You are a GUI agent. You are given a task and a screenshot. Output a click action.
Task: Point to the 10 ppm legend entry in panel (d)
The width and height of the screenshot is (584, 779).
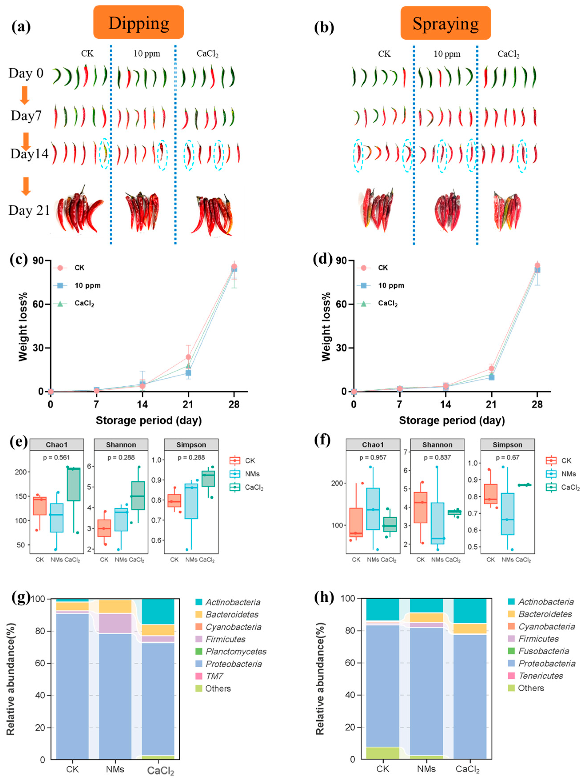pos(391,286)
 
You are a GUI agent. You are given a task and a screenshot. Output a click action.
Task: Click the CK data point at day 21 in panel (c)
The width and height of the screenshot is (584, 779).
pos(188,357)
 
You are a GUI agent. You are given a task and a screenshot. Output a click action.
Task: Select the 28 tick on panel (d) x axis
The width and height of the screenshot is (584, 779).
pos(537,404)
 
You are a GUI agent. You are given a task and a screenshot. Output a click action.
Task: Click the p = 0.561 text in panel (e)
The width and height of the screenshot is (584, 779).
pos(56,457)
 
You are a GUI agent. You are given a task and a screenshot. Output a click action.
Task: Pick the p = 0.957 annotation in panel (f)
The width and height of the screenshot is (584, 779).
pos(373,457)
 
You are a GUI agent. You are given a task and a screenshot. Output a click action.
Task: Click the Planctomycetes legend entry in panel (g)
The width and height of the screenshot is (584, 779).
pos(236,651)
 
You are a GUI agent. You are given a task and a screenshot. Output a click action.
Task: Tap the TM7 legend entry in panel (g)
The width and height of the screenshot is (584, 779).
pos(214,676)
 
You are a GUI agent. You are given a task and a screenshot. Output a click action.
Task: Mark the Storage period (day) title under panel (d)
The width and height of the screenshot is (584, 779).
pos(452,420)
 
